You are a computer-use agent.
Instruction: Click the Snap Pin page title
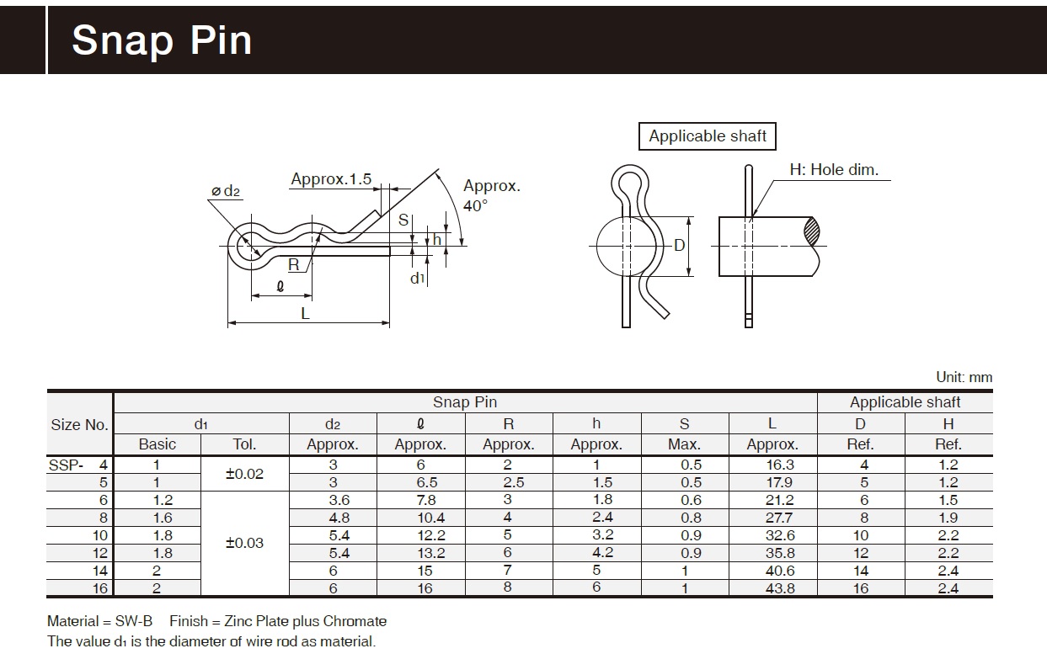[162, 40]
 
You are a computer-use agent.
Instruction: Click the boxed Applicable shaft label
[708, 136]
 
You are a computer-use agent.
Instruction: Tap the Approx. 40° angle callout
[491, 195]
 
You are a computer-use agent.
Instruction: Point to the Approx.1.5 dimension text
[331, 179]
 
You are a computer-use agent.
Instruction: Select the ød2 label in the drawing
[225, 192]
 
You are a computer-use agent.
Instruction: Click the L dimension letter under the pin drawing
[306, 313]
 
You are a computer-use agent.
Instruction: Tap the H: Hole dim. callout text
[834, 169]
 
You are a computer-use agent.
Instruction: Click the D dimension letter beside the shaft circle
[680, 246]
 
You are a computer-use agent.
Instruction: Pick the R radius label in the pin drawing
[293, 265]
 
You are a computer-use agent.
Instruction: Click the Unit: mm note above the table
[964, 378]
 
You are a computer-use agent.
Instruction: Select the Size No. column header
[79, 424]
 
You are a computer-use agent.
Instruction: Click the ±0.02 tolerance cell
[244, 474]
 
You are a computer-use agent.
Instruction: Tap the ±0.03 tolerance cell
[244, 543]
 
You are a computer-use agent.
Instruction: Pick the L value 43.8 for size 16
[772, 588]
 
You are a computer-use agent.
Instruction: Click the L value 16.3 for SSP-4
[772, 465]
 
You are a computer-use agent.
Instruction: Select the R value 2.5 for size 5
[508, 482]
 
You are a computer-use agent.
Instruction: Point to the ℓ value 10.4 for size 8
[419, 518]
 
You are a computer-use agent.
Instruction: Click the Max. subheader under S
[684, 444]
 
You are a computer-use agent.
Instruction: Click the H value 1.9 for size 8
[948, 518]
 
